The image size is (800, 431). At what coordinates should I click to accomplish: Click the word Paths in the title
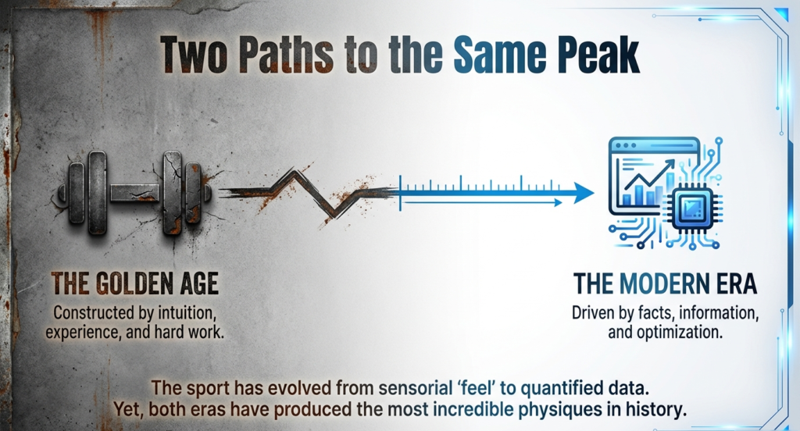tap(286, 55)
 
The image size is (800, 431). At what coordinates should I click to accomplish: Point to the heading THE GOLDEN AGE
tap(134, 283)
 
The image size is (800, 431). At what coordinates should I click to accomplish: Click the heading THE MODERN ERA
tap(665, 283)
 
